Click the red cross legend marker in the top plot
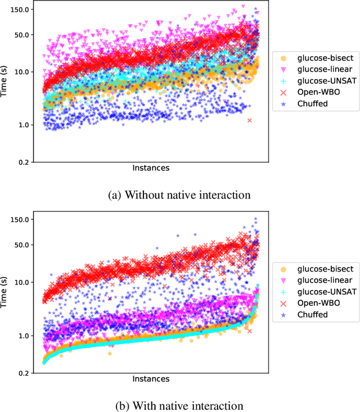283,93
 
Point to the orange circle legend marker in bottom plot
283,269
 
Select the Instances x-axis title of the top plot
151,168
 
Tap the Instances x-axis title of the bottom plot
151,379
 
